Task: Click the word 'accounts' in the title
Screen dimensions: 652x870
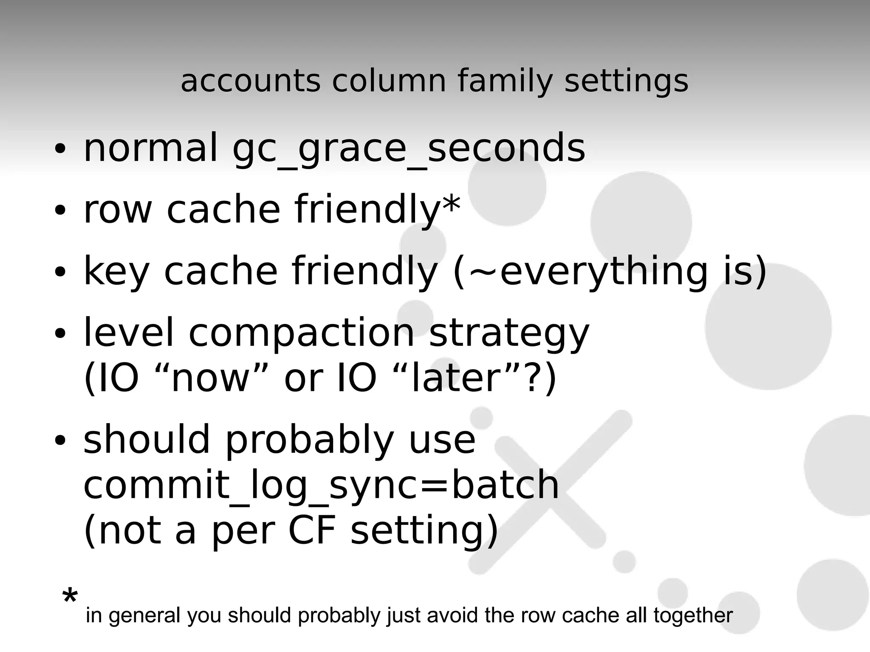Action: click(250, 81)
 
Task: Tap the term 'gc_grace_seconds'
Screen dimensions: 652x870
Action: click(409, 149)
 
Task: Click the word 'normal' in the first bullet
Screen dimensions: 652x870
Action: click(150, 149)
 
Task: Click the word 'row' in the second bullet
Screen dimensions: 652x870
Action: click(118, 210)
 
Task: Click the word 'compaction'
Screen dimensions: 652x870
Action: click(301, 333)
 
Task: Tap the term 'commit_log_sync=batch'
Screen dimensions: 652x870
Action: click(321, 485)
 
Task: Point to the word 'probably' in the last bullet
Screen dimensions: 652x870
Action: click(309, 441)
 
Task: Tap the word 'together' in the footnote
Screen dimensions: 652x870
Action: click(693, 615)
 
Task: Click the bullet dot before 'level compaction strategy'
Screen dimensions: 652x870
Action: click(60, 333)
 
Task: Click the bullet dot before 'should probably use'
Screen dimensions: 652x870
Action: click(60, 441)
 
